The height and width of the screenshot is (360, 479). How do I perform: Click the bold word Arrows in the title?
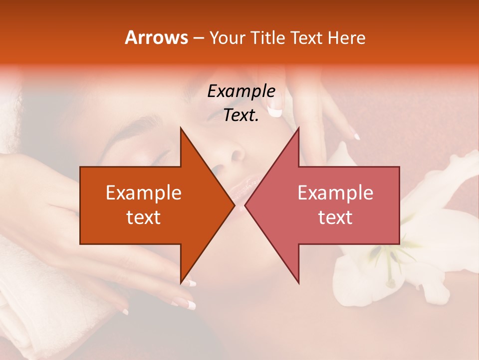[x=156, y=37]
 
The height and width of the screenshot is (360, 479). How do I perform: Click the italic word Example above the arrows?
[x=241, y=91]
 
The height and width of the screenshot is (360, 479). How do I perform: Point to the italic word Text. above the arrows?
[x=241, y=115]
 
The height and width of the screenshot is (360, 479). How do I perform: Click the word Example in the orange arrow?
[x=144, y=193]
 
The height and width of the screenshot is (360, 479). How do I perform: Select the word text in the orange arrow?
[x=144, y=217]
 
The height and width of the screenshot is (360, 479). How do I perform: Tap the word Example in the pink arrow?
[x=335, y=193]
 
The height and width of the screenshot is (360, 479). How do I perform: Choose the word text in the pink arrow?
[x=335, y=217]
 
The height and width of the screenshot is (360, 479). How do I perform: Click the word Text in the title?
[x=307, y=37]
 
